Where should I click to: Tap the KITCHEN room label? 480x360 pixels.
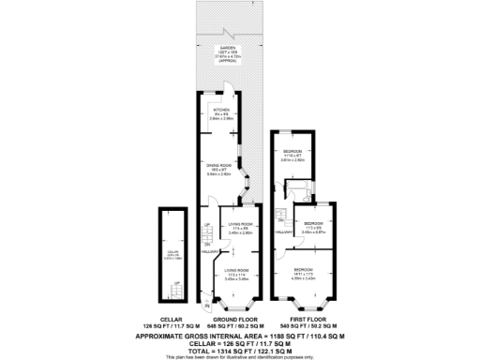[221, 110]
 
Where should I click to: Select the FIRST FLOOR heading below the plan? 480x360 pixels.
[305, 320]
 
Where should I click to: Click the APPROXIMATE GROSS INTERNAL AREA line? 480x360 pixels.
[239, 335]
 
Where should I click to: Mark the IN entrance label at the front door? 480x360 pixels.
[206, 306]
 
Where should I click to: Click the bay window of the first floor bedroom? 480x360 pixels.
[303, 302]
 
